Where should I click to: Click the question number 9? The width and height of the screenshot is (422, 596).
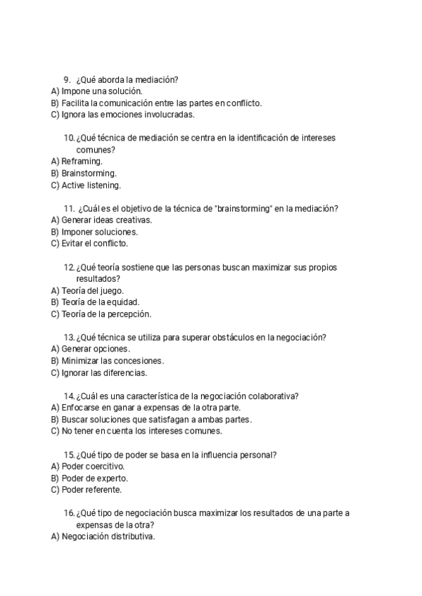tap(67, 79)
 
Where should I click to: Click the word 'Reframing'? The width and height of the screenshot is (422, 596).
tap(81, 162)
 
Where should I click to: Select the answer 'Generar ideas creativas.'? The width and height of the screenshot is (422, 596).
tap(106, 220)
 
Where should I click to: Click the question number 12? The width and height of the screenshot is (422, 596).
tap(69, 267)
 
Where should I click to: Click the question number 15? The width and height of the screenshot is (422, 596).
tap(69, 455)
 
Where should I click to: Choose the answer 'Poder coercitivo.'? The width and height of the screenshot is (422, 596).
tap(93, 467)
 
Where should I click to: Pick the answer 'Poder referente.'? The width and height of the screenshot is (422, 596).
tap(91, 490)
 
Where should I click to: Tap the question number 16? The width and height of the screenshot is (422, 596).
tap(69, 513)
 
